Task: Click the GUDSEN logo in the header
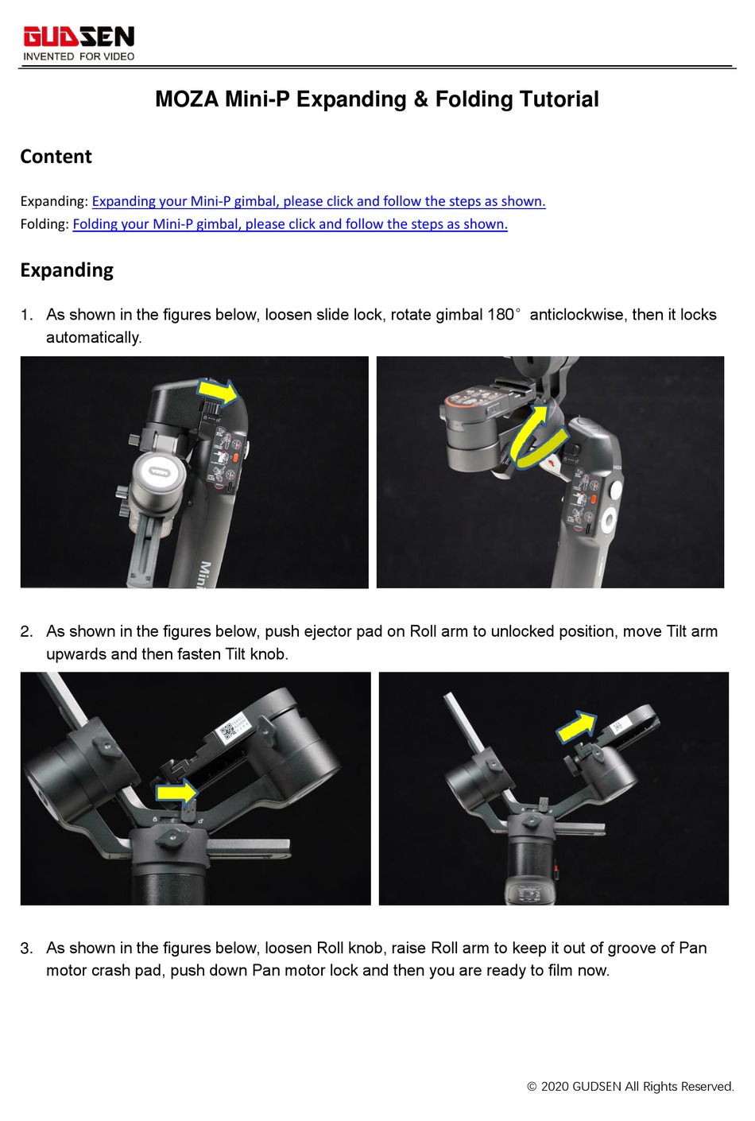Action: pyautogui.click(x=79, y=37)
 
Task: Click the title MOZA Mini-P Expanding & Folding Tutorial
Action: pyautogui.click(x=377, y=99)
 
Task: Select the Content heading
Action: pyautogui.click(x=56, y=157)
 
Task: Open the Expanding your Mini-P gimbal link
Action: pyautogui.click(x=319, y=201)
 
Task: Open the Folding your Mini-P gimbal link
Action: pyautogui.click(x=290, y=224)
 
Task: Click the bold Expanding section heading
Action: pyautogui.click(x=67, y=270)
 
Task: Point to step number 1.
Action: pyautogui.click(x=26, y=315)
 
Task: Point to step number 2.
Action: pyautogui.click(x=26, y=632)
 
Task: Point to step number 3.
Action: pyautogui.click(x=26, y=948)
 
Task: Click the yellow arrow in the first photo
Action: pyautogui.click(x=218, y=391)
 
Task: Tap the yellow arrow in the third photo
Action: pyautogui.click(x=176, y=792)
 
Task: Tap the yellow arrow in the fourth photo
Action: pyautogui.click(x=575, y=727)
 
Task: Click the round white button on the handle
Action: pyautogui.click(x=610, y=522)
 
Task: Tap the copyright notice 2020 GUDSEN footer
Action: pyautogui.click(x=630, y=1087)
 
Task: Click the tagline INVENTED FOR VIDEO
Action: pyautogui.click(x=79, y=56)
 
